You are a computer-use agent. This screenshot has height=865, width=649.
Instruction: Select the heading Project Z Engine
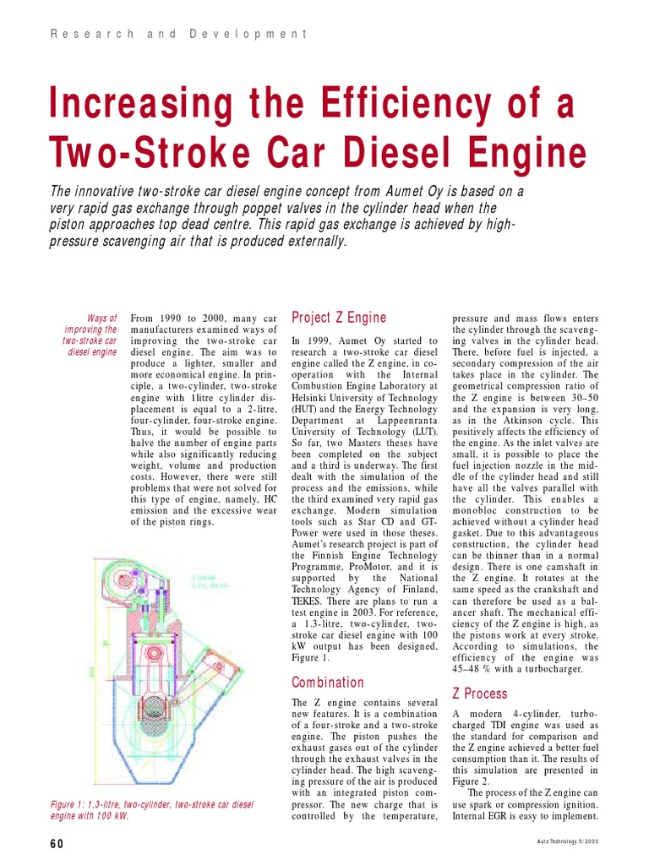click(x=338, y=318)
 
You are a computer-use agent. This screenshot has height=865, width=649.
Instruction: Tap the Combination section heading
click(x=328, y=682)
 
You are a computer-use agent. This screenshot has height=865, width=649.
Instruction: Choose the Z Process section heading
click(x=480, y=694)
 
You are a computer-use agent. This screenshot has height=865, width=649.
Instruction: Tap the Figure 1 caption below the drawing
click(x=152, y=810)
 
